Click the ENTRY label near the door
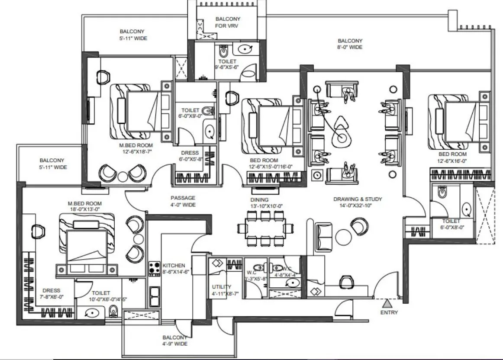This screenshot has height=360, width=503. coord(389,312)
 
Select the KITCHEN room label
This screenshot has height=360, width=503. coord(174,265)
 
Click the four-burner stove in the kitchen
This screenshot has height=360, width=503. coord(154,268)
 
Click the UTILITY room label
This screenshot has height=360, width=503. coord(221,286)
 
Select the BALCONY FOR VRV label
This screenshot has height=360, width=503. coord(228,22)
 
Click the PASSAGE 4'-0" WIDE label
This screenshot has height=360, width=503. coord(182,201)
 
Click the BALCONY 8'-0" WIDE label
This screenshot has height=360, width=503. coord(350,44)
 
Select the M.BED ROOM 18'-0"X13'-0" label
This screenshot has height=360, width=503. coord(84,206)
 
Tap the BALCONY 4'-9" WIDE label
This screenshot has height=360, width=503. coord(175,340)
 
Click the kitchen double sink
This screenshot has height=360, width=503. coord(154,296)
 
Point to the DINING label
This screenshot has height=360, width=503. coord(259,200)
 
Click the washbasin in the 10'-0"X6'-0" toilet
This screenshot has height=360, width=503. coord(92,313)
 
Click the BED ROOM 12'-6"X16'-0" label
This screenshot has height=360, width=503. coord(452,157)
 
